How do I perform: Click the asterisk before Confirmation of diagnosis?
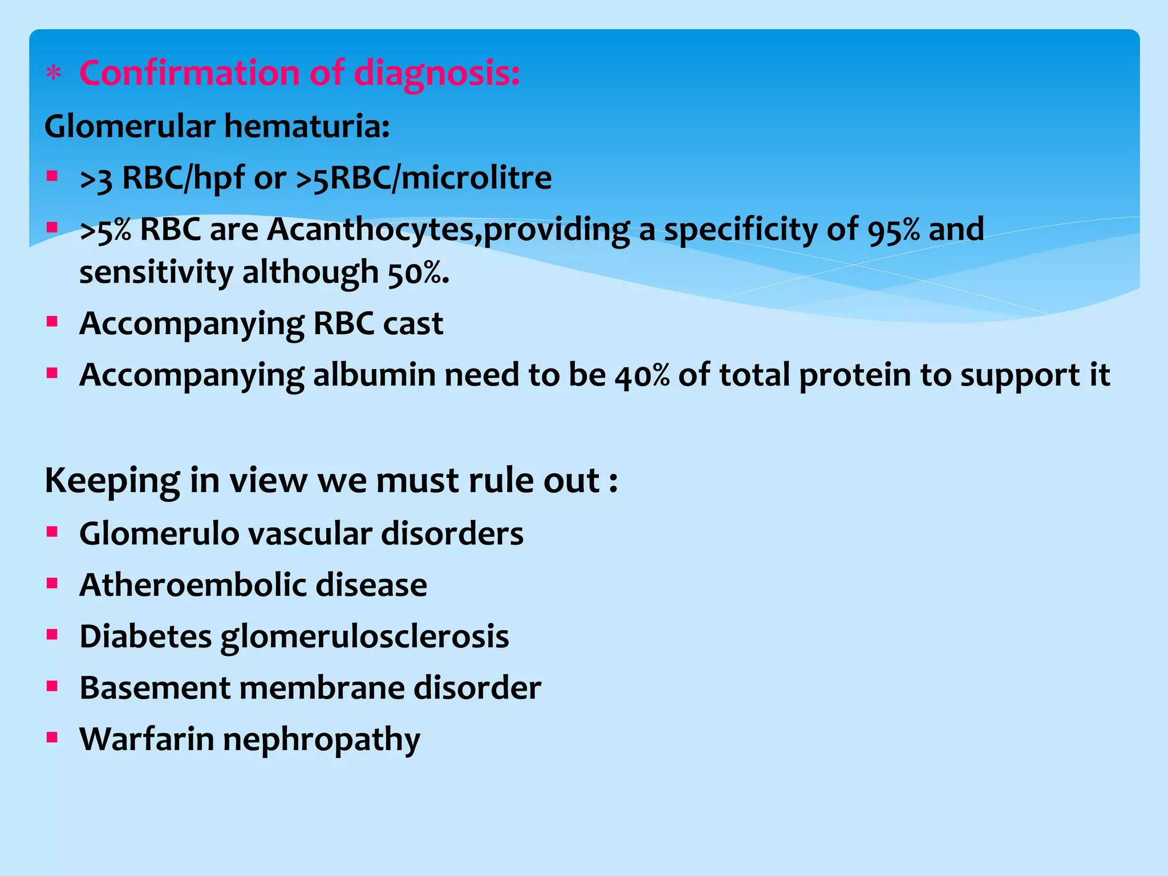coord(54,74)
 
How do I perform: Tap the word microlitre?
coord(476,177)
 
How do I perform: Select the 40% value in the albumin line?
coord(642,375)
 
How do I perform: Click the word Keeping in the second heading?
coord(112,481)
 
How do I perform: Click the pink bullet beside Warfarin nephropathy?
coord(52,737)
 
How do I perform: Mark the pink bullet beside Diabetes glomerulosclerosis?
coord(52,635)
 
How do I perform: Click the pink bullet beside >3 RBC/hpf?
coord(52,176)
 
